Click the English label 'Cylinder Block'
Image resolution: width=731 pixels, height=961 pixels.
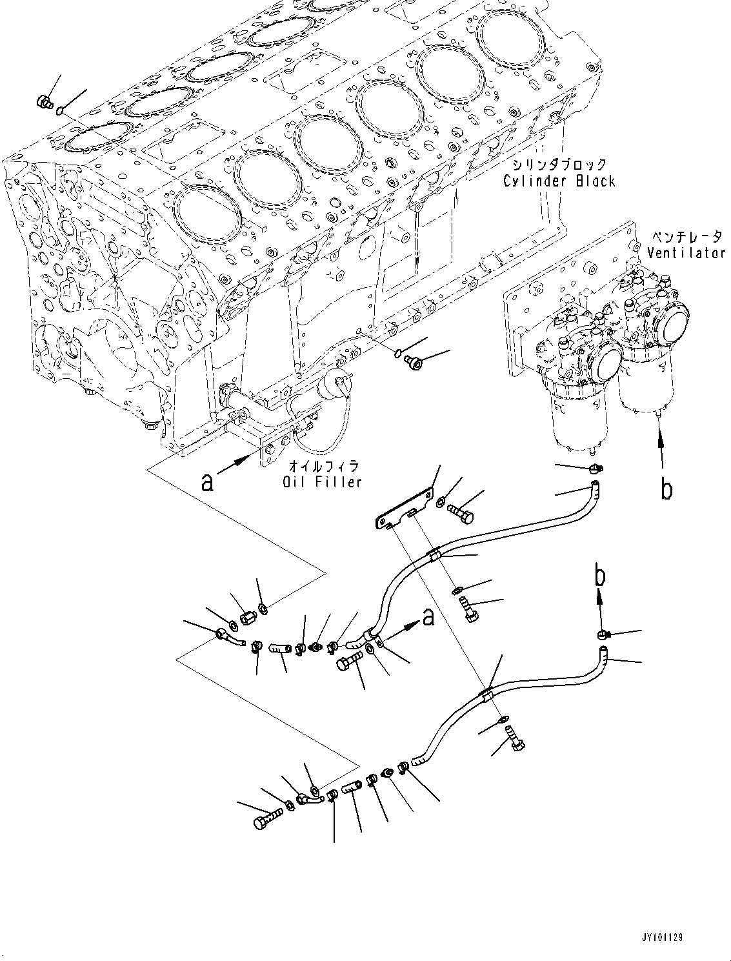(x=559, y=181)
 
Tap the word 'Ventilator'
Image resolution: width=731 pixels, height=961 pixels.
(x=686, y=254)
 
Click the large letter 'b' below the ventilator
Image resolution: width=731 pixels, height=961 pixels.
(x=666, y=489)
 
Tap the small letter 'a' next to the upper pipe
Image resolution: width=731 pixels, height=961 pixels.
(x=427, y=618)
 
